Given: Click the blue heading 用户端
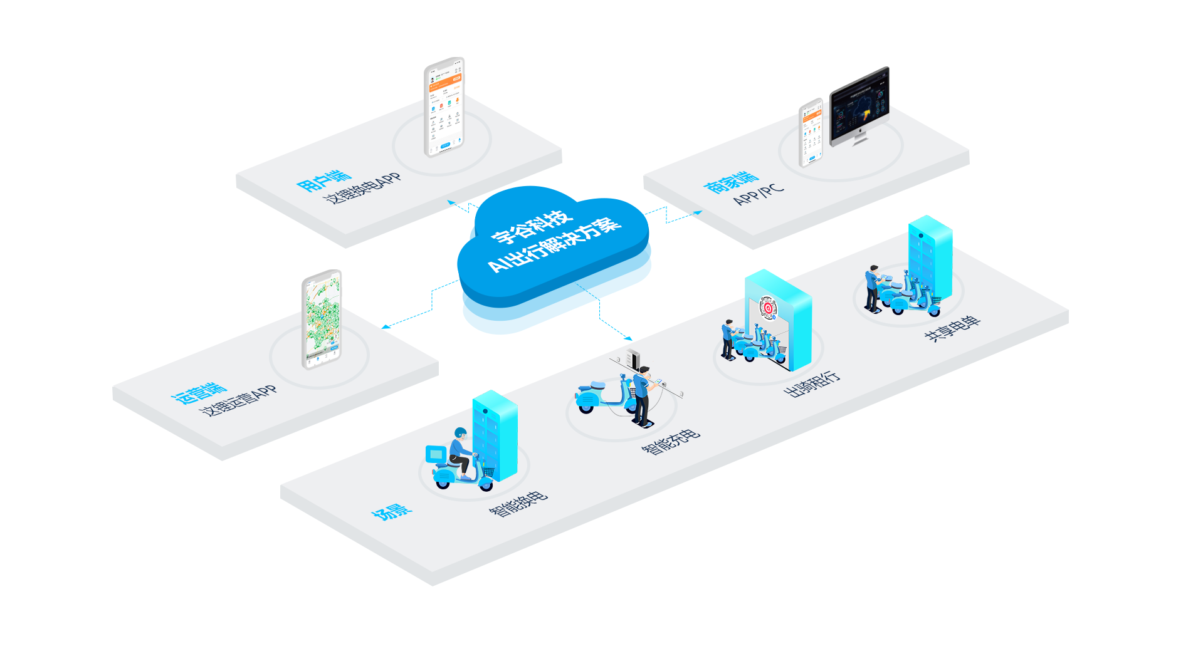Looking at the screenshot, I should coord(323,180).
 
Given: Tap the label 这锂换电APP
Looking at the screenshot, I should coord(362,187).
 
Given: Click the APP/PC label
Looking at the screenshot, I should coord(758,194).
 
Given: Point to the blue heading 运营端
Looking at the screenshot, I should coord(199,393).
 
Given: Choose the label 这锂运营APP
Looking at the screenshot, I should coord(238,401).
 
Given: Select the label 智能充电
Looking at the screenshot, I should coord(670,442).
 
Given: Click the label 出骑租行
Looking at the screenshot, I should coord(812,383).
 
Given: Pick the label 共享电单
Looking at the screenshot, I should coord(952,328).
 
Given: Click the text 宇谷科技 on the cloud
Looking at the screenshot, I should coord(532,226).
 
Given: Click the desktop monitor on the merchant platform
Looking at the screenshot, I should coord(859,105).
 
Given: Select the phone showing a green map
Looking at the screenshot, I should coord(322,319).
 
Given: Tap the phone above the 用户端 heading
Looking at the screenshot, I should coord(444,107).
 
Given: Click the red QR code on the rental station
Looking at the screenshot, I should coord(767,307).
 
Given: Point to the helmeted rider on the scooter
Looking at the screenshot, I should coord(460,451).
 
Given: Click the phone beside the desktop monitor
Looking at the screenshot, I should coord(811,132).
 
